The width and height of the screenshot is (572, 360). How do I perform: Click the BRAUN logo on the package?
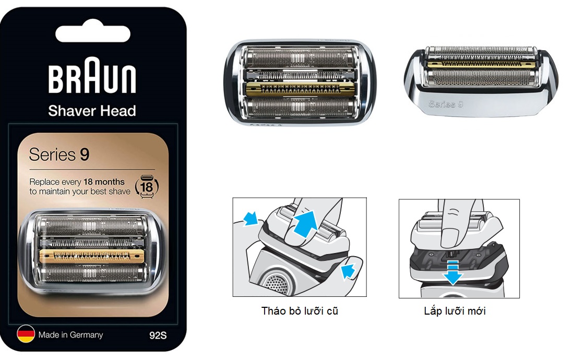tap(92, 79)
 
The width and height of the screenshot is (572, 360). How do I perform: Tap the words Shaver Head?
tap(92, 111)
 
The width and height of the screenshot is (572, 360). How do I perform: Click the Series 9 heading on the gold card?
tap(59, 155)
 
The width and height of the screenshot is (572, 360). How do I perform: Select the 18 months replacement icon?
tap(147, 186)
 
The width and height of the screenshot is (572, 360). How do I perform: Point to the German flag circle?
tap(26, 334)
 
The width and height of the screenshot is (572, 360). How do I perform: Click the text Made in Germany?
tap(70, 335)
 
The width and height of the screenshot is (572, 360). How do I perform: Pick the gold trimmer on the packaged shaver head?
tap(92, 255)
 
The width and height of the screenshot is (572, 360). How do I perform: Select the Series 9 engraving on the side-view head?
tap(446, 104)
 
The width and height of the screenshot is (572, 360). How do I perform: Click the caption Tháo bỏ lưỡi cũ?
tap(300, 311)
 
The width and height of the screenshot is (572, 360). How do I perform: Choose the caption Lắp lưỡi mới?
tap(455, 311)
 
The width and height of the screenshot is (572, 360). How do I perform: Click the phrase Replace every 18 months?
tap(77, 182)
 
